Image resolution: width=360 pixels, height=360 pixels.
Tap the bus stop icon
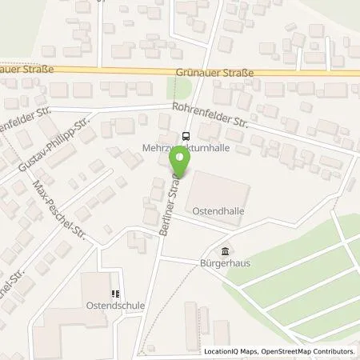[186, 136]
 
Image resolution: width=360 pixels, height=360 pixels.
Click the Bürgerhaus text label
[219, 262]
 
